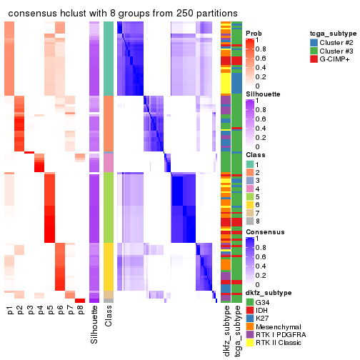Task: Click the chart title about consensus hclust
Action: (x=123, y=14)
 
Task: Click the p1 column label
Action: (x=10, y=311)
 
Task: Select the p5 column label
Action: (x=50, y=311)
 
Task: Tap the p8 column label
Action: (x=80, y=311)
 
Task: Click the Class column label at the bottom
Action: (x=109, y=318)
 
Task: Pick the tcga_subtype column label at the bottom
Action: (x=236, y=332)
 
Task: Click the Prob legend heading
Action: (x=254, y=34)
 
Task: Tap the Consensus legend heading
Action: (x=262, y=232)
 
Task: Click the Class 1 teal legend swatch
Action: (x=250, y=164)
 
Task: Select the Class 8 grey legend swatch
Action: (x=250, y=221)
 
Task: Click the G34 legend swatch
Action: (x=250, y=302)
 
